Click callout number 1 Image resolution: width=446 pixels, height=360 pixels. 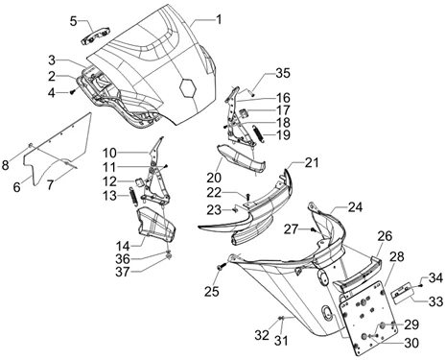219,19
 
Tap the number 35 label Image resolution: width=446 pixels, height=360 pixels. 283,73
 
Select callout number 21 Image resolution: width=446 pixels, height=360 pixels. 312,162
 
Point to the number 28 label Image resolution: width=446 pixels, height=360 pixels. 397,256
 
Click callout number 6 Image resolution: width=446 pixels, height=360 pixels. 16,187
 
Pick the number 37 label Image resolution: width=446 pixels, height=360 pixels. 123,272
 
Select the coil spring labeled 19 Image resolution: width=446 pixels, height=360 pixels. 258,134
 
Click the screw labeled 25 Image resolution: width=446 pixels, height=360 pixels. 222,266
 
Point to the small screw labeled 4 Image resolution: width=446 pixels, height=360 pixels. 72,92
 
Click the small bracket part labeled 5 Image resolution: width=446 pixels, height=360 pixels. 95,36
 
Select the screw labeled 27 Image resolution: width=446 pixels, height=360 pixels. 314,228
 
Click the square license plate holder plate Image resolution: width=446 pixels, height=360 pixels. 368,318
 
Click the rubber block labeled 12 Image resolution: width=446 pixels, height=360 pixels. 139,181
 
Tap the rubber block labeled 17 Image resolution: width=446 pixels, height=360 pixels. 244,113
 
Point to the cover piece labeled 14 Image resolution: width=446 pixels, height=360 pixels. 156,224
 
